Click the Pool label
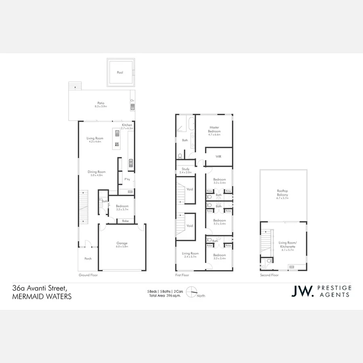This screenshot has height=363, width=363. pyautogui.click(x=120, y=73)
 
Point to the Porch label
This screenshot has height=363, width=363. pyautogui.click(x=88, y=259)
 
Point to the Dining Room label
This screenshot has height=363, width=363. pyautogui.click(x=96, y=173)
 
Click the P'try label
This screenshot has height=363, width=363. pyautogui.click(x=127, y=179)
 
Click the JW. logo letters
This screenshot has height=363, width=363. pyautogui.click(x=302, y=291)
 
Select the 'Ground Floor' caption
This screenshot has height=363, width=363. pyautogui.click(x=88, y=275)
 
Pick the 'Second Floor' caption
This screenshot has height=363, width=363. pyautogui.click(x=269, y=275)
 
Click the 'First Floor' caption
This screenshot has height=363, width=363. pyautogui.click(x=182, y=275)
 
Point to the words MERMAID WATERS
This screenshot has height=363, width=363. pyautogui.click(x=42, y=296)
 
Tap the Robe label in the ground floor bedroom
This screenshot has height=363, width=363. pyautogui.click(x=125, y=221)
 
